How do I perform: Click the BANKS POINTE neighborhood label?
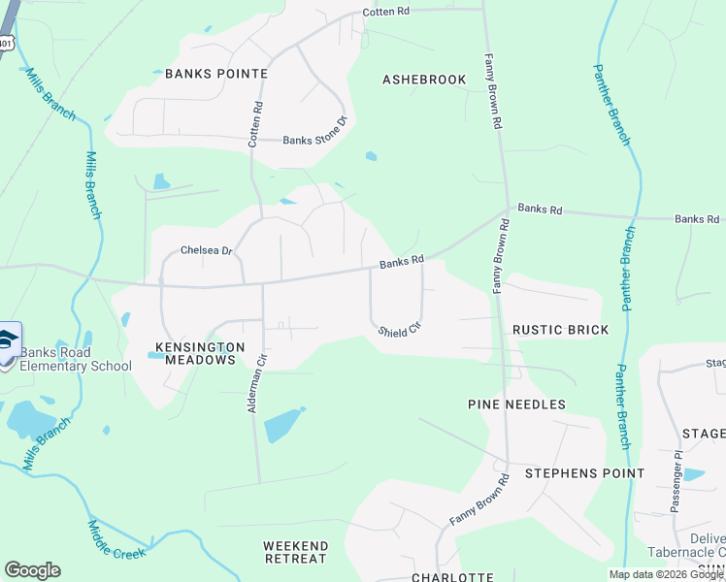pos(215,73)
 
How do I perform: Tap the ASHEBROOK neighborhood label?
pos(424,80)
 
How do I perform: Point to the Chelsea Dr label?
pos(207,250)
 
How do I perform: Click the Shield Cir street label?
pos(398,330)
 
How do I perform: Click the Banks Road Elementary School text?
pos(76,359)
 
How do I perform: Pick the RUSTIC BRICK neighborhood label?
pos(560,330)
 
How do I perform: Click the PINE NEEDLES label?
pos(515,404)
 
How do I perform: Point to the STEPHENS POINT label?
pos(584,473)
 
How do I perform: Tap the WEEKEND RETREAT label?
pos(295,552)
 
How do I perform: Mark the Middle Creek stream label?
pos(115,540)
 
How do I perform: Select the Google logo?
pos(32,570)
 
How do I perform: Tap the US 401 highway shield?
pos(7,43)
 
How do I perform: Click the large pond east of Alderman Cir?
pos(281,424)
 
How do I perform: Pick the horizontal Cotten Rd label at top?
pos(386,12)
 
